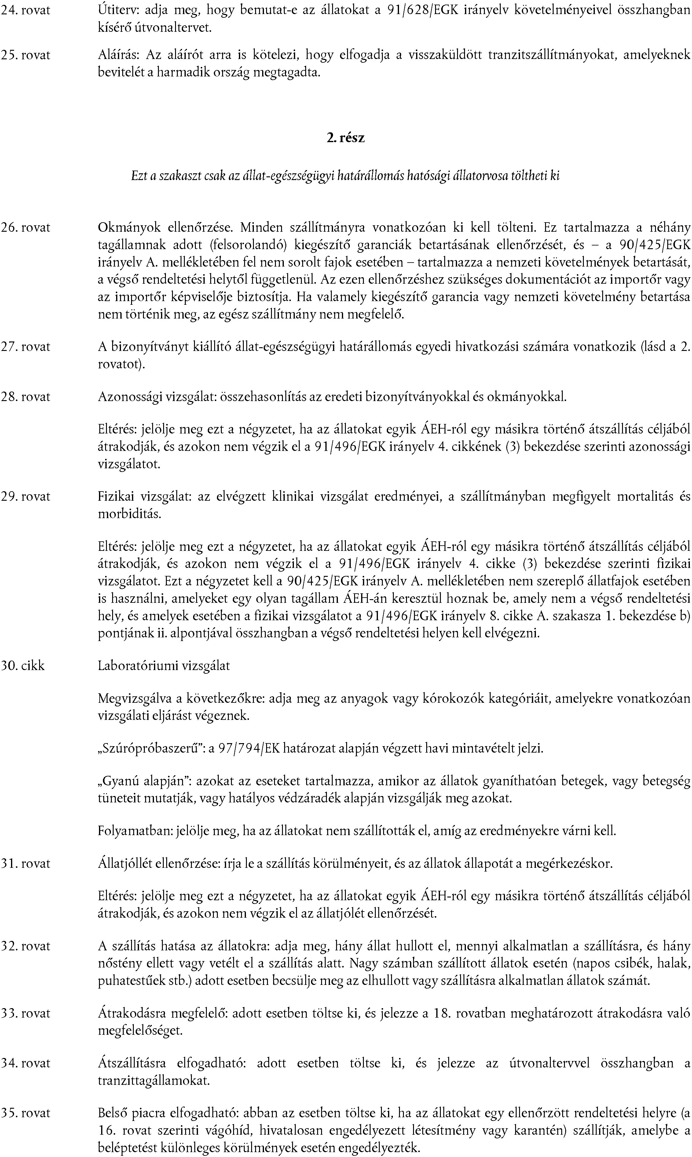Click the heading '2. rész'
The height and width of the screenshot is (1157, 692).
(x=346, y=138)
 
